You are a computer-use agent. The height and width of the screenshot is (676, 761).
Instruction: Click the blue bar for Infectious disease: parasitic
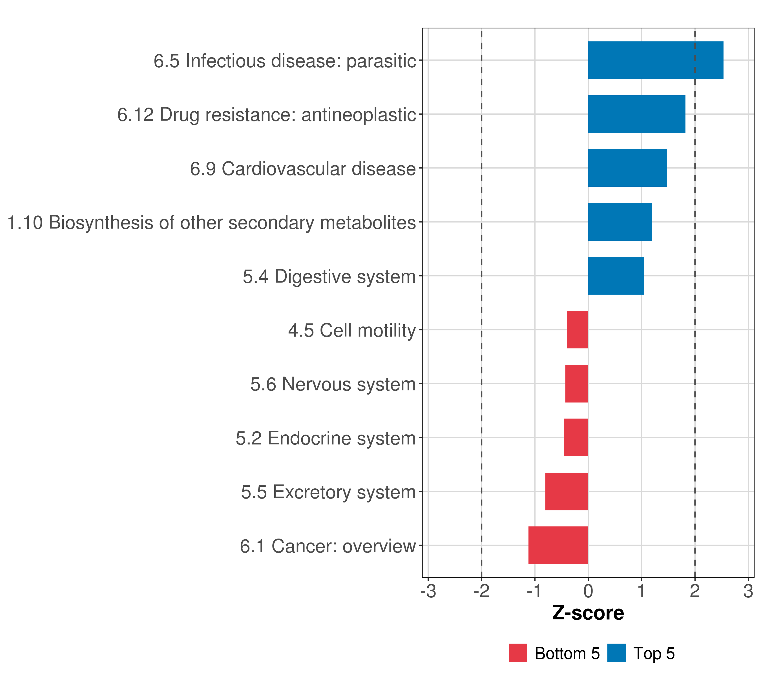tap(656, 60)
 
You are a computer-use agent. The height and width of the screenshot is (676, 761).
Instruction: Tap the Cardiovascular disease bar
tap(627, 168)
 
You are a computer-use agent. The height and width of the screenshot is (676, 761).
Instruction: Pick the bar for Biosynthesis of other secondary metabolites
tap(620, 222)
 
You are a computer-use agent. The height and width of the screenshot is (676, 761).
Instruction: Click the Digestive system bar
tap(616, 276)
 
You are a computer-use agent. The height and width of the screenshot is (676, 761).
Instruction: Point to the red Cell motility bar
tap(578, 330)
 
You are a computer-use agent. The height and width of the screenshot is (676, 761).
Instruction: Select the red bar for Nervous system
tap(577, 384)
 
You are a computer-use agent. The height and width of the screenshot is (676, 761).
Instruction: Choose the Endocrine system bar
tap(576, 437)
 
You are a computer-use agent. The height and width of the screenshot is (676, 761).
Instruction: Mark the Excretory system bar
tap(567, 492)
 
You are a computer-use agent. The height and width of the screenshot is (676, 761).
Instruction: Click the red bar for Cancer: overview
tap(558, 545)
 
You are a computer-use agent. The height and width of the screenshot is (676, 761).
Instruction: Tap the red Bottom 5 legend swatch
tap(518, 653)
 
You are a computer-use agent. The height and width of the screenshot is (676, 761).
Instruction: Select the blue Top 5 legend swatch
tap(616, 653)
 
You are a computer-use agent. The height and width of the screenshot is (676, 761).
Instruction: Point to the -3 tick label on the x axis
tap(428, 591)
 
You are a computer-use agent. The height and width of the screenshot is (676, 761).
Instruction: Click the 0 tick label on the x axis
tap(588, 591)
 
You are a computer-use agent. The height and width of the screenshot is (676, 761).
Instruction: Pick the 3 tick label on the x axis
tap(748, 591)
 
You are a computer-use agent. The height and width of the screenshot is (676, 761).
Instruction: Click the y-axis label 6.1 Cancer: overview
tap(328, 546)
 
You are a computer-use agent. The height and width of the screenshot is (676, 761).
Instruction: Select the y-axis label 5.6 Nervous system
tap(333, 384)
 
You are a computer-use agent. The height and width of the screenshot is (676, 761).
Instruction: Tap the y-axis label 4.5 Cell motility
tap(352, 330)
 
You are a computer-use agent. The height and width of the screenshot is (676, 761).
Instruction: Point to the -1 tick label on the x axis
tap(534, 591)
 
